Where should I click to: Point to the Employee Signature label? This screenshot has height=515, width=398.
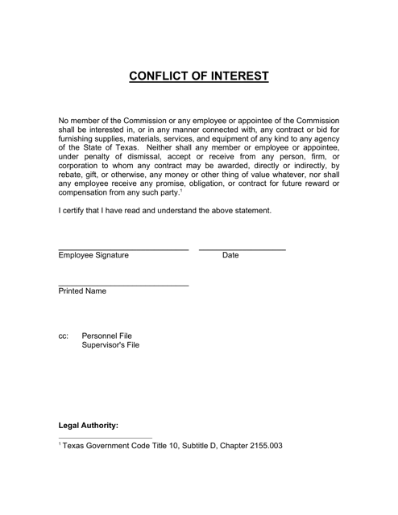coord(93,256)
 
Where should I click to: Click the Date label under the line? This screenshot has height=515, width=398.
coord(230,256)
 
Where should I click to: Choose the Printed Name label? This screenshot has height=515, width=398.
coord(82,291)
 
